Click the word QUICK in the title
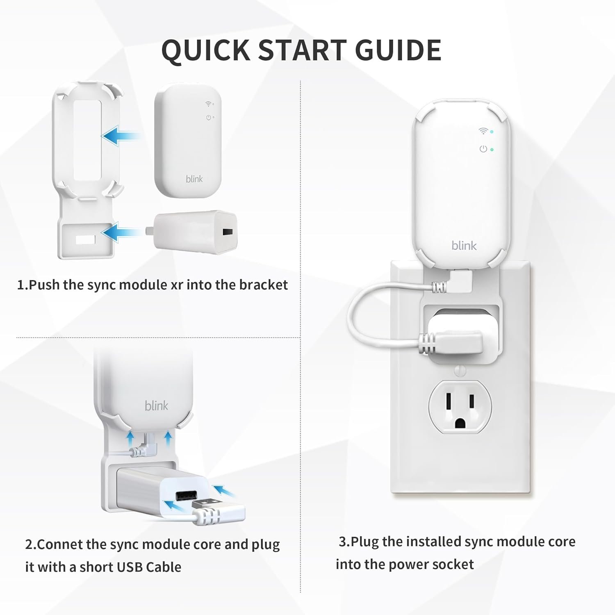pos(205,50)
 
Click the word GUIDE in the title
pos(398,50)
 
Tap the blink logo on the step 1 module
pos(194,179)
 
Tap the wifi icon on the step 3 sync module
pos(484,131)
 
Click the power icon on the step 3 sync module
pos(484,149)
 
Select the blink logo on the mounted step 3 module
pos(464,245)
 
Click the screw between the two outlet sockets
pos(460,371)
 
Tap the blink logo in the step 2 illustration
pos(157,405)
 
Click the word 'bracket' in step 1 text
pos(264,285)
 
